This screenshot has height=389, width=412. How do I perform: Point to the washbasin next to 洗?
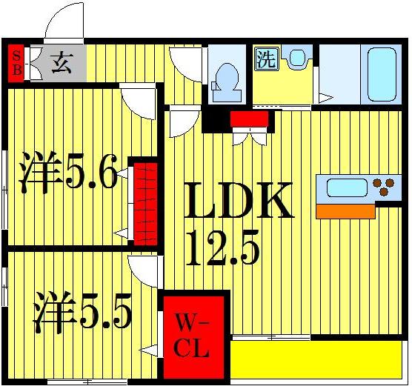tap(297, 59)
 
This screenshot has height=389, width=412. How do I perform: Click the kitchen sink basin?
tap(347, 187)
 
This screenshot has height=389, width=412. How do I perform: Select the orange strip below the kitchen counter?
tap(345, 211)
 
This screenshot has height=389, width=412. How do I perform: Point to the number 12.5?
tap(222, 250)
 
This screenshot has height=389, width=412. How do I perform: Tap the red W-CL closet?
tap(193, 336)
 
